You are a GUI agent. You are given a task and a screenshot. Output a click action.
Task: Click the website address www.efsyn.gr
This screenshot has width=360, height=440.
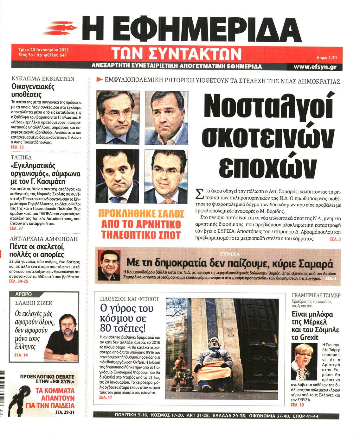(x=315, y=67)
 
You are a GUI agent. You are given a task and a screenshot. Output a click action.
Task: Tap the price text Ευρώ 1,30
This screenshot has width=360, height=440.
(x=326, y=58)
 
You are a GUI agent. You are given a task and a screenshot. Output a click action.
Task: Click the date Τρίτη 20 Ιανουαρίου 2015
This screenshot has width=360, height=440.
(x=44, y=50)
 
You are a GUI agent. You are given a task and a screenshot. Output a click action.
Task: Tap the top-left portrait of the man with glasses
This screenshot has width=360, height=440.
(x=118, y=117)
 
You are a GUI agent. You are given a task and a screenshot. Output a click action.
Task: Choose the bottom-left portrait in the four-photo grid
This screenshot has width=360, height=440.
(x=118, y=177)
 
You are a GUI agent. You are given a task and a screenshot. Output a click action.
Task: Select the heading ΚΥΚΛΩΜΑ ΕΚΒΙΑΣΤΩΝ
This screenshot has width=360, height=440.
(x=43, y=79)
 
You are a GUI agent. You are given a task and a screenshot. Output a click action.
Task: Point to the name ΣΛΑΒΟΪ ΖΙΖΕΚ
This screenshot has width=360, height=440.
(x=34, y=303)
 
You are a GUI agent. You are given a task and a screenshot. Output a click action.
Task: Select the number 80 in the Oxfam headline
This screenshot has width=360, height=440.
(x=107, y=327)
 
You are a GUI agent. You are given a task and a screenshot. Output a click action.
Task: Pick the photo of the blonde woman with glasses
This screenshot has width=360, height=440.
(x=304, y=361)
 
